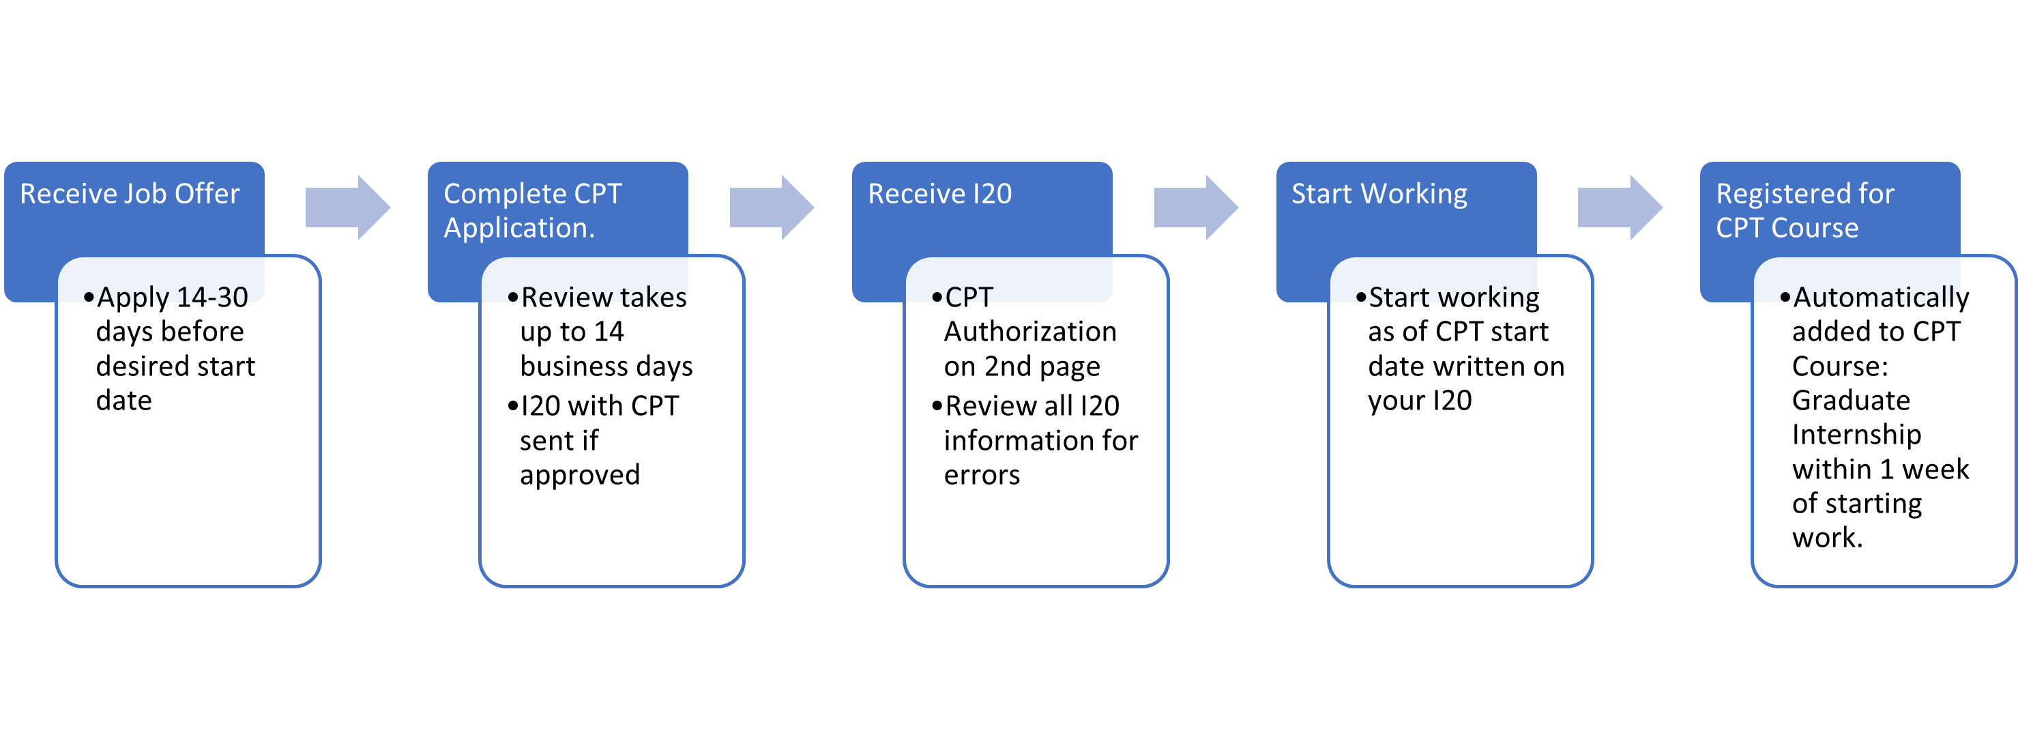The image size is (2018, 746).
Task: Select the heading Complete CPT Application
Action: click(x=532, y=210)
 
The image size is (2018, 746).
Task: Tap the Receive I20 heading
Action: click(x=939, y=194)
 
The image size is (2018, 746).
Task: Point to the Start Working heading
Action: click(x=1379, y=194)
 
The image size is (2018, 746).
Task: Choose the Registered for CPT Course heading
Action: click(x=1804, y=210)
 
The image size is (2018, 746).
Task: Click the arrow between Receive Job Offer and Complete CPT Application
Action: click(x=347, y=207)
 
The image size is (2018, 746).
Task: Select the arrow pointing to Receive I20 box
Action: click(x=771, y=207)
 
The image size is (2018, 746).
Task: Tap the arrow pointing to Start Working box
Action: click(x=1195, y=207)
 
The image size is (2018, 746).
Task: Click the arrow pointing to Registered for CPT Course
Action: click(x=1620, y=207)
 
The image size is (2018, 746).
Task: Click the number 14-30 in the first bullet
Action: click(x=211, y=298)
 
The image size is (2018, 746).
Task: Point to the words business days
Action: click(x=606, y=367)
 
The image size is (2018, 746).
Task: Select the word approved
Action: click(x=579, y=475)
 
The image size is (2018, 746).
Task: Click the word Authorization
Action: click(x=1029, y=332)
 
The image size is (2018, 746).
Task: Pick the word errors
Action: click(x=981, y=475)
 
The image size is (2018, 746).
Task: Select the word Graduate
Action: click(x=1850, y=401)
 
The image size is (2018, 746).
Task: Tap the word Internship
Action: click(x=1856, y=434)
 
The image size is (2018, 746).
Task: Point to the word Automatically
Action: click(x=1880, y=298)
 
